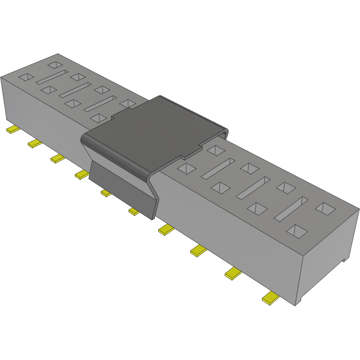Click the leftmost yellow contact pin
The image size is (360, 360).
(x=12, y=130)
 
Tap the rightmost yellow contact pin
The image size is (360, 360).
(x=270, y=298)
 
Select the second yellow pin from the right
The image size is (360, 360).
(x=233, y=274)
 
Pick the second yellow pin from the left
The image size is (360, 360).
(x=35, y=143)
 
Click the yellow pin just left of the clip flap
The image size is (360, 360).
(x=81, y=174)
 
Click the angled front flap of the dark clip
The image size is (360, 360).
(x=122, y=190)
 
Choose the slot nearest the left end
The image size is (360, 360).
(x=52, y=77)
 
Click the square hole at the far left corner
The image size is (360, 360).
(x=26, y=77)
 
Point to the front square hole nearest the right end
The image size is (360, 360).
(x=297, y=231)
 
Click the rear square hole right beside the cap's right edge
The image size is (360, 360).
(x=216, y=150)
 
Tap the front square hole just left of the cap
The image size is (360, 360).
(x=99, y=118)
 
